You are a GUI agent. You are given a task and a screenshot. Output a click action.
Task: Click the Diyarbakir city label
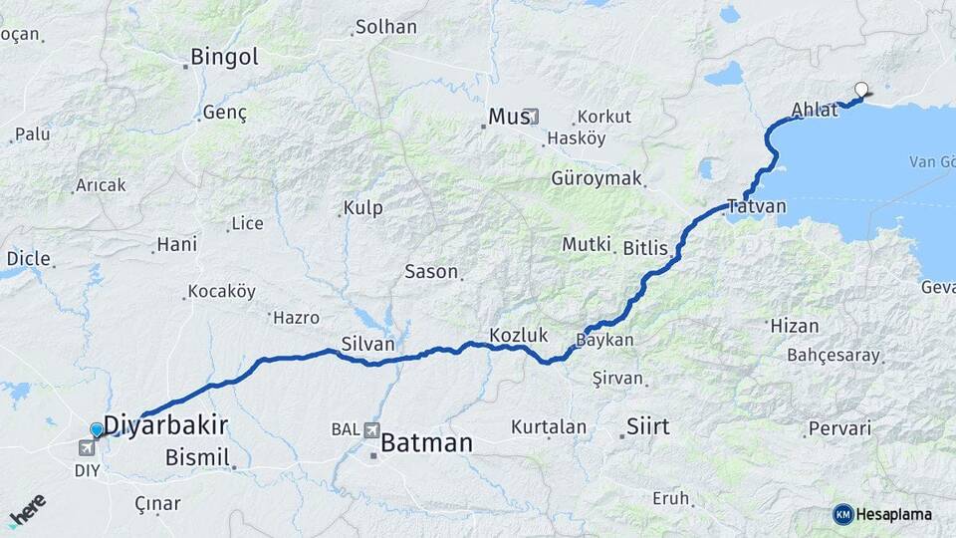pyautogui.click(x=166, y=425)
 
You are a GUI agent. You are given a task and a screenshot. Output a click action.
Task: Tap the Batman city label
pyautogui.click(x=427, y=442)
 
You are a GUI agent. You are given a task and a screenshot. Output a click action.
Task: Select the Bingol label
pyautogui.click(x=224, y=57)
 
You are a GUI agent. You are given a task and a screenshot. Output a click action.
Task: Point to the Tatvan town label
pyautogui.click(x=757, y=207)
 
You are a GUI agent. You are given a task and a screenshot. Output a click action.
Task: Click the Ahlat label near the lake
pyautogui.click(x=815, y=110)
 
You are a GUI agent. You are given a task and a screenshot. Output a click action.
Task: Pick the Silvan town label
pyautogui.click(x=367, y=343)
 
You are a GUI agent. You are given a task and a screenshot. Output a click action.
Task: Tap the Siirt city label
pyautogui.click(x=647, y=427)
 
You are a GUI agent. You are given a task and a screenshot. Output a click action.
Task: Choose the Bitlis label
pyautogui.click(x=645, y=248)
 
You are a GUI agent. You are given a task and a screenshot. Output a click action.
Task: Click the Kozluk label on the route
pyautogui.click(x=519, y=335)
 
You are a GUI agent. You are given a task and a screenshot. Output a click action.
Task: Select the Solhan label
pyautogui.click(x=386, y=27)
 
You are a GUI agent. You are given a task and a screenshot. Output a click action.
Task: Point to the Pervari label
pyautogui.click(x=840, y=428)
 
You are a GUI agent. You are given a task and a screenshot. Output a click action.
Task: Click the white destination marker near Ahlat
pyautogui.click(x=861, y=89)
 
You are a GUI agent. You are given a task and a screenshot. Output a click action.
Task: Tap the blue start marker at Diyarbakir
pyautogui.click(x=97, y=429)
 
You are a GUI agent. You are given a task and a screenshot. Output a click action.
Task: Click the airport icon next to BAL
pyautogui.click(x=372, y=429)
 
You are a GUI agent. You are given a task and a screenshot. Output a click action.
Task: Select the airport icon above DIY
pyautogui.click(x=86, y=448)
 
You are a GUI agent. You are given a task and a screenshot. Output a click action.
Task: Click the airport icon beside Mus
pyautogui.click(x=532, y=117)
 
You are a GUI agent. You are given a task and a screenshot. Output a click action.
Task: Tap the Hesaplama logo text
pyautogui.click(x=893, y=514)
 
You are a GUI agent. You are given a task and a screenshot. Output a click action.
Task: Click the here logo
pyautogui.click(x=27, y=509)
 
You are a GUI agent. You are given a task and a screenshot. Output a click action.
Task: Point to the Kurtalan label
pyautogui.click(x=549, y=427)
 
